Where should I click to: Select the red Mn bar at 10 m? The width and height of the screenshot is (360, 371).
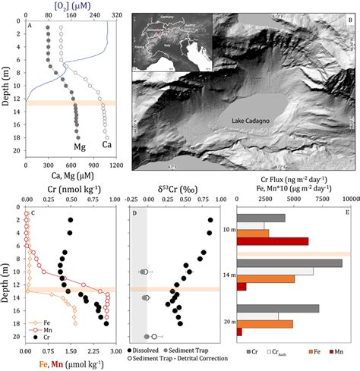(273, 241)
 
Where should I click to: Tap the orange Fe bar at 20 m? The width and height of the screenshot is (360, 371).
(265, 324)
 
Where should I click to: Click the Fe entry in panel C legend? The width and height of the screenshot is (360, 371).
(41, 321)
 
